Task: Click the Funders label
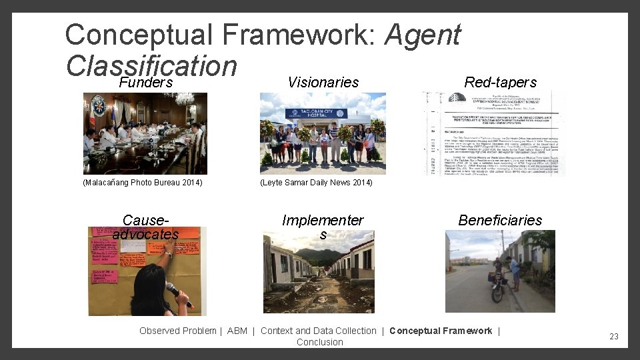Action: (146, 83)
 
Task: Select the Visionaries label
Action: (323, 83)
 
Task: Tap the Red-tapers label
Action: (500, 83)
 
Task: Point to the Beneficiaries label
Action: (500, 221)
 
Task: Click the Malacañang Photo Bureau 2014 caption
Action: (143, 183)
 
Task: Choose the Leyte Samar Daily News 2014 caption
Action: (316, 183)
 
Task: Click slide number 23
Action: (614, 337)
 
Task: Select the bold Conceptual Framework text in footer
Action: (441, 331)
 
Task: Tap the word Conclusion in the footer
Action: (320, 342)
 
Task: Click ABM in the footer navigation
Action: (237, 331)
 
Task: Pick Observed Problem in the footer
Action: (177, 331)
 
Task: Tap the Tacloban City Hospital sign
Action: (316, 114)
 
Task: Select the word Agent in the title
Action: (422, 35)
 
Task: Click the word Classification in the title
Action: (151, 65)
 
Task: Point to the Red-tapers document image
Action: (493, 133)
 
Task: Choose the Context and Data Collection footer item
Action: (319, 331)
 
